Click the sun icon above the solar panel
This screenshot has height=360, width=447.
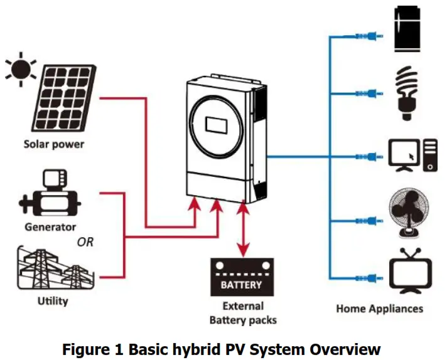point(20,70)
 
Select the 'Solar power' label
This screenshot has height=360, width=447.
point(54,144)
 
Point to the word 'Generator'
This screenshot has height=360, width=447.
point(50,227)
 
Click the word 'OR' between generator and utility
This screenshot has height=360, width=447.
point(85,242)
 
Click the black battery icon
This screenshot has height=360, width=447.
point(241,278)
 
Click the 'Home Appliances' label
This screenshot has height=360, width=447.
point(379,309)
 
